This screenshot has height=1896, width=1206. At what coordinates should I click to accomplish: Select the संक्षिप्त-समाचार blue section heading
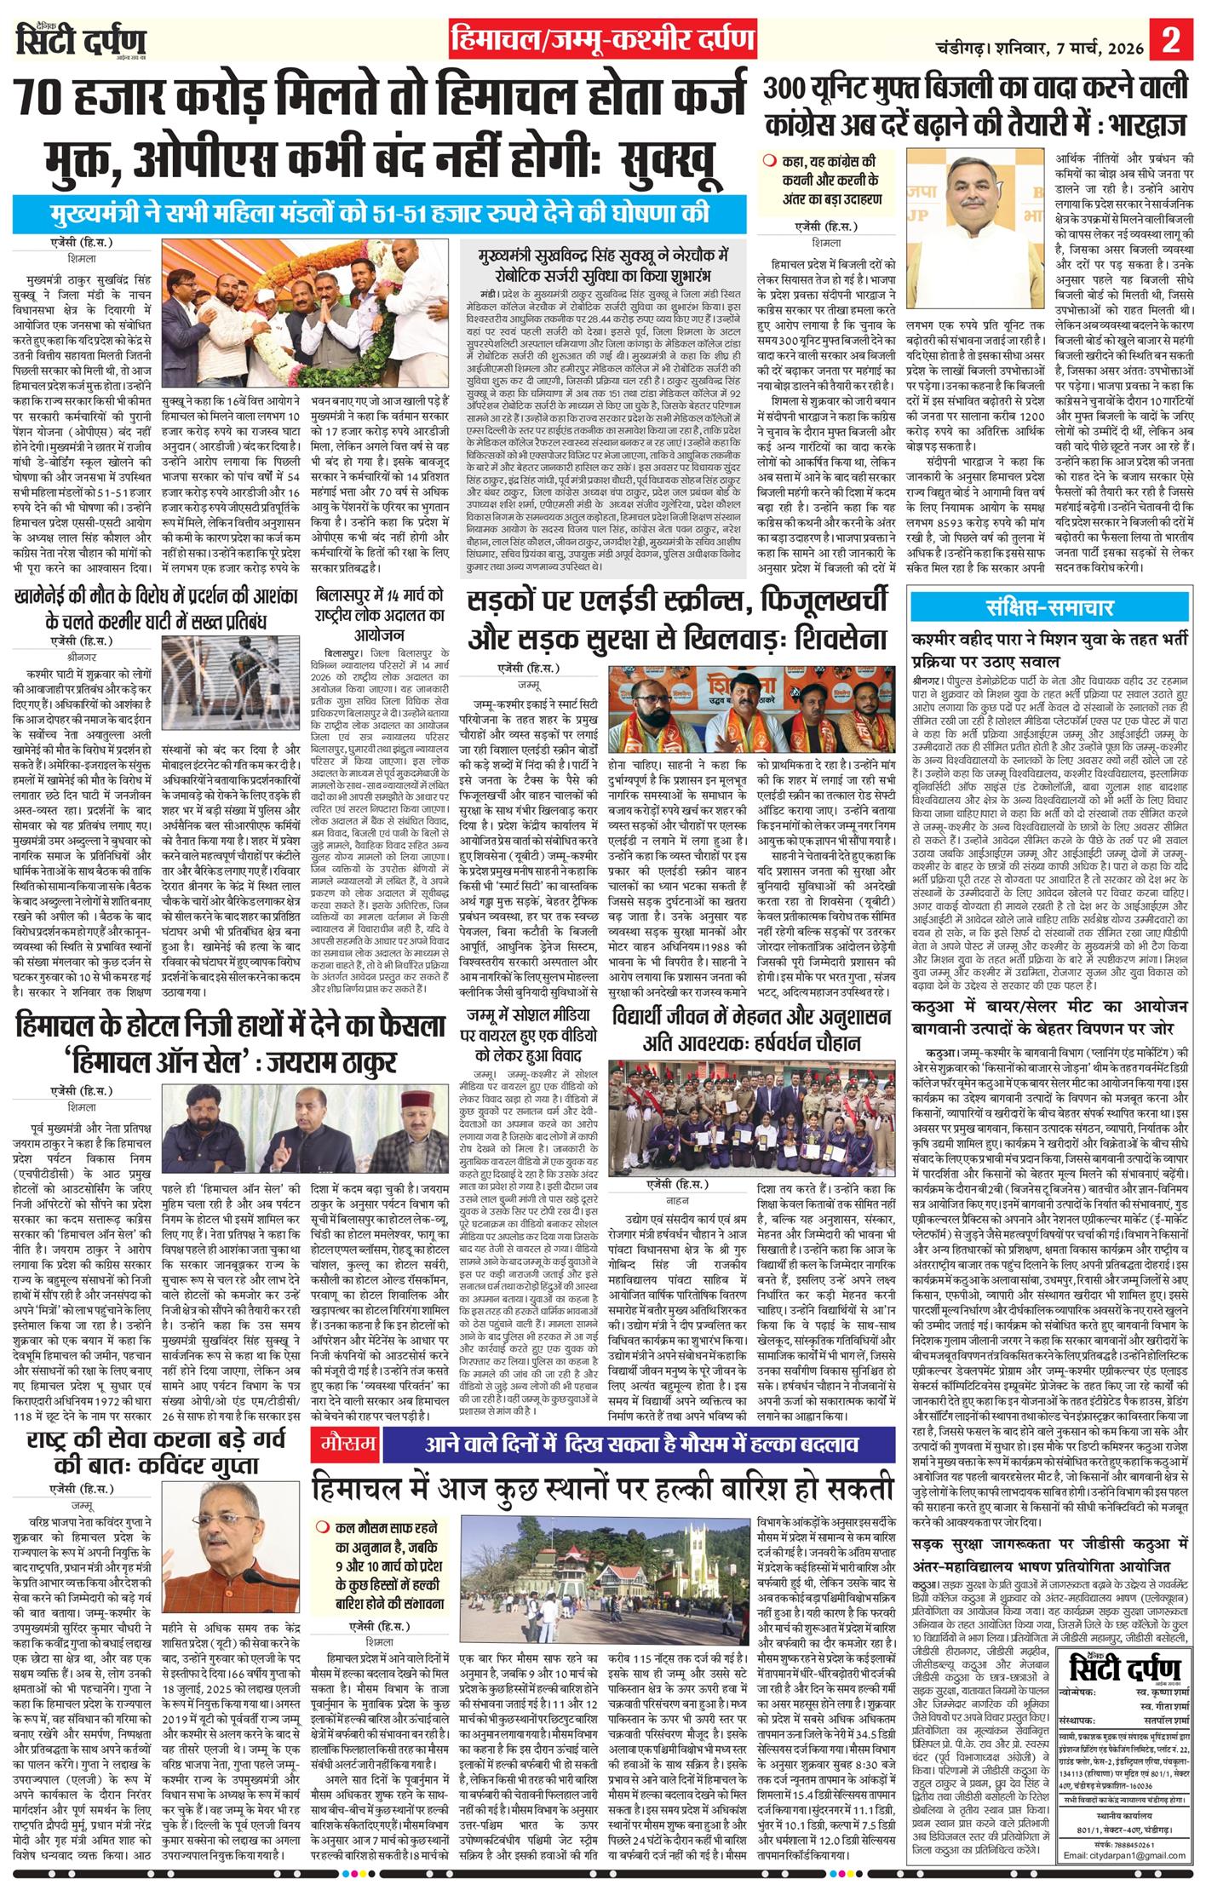pyautogui.click(x=1048, y=608)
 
